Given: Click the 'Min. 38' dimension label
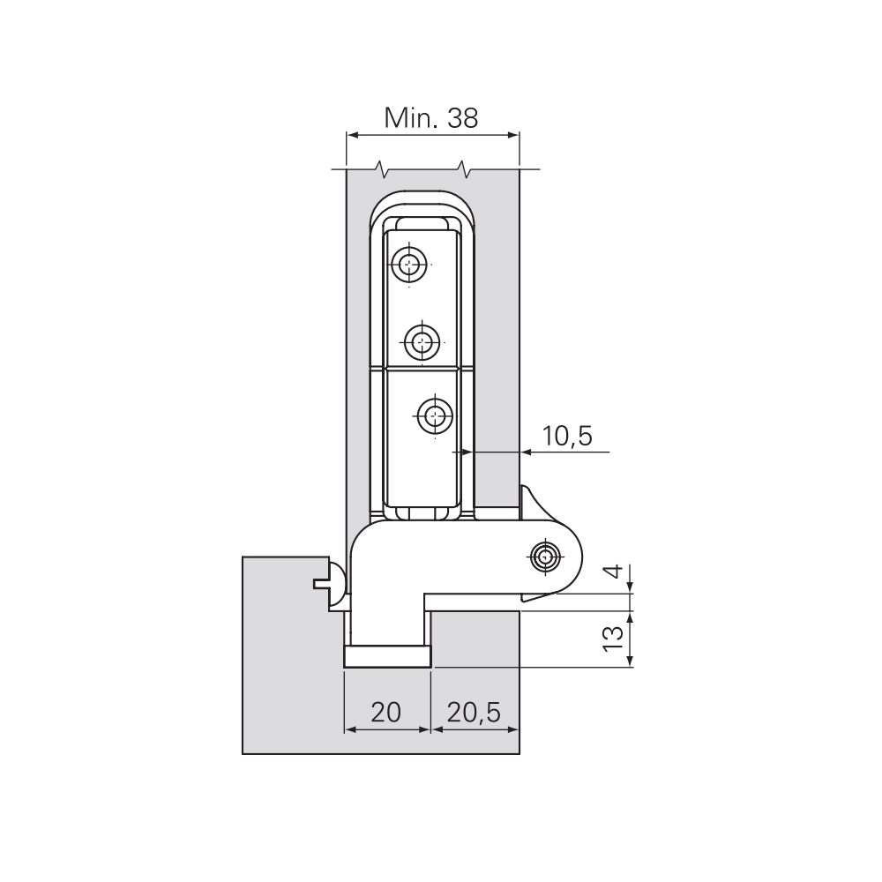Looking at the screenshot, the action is (431, 118).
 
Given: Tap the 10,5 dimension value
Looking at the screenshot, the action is (567, 436).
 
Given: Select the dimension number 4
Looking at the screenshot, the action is (616, 572).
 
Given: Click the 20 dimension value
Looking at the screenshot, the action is (386, 712).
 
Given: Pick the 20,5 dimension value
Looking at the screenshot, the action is (474, 713).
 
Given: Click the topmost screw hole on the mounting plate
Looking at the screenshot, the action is (409, 264).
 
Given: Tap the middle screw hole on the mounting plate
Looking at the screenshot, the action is (422, 341).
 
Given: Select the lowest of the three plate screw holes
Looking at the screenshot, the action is (435, 416).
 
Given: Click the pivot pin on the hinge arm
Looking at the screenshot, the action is (544, 557).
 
